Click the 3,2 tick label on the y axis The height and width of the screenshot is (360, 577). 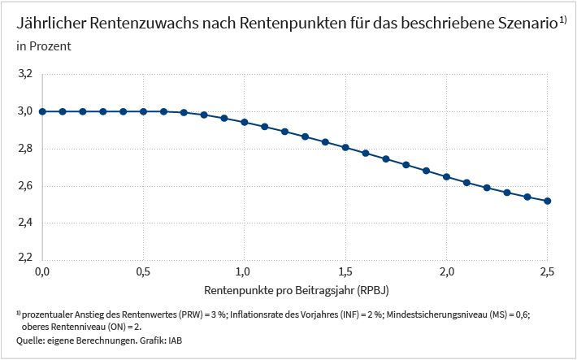(x=25, y=74)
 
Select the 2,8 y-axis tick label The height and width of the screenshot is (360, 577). (x=25, y=149)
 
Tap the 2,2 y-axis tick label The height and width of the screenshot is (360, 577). (x=25, y=257)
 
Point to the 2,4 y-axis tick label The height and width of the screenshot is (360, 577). (x=25, y=223)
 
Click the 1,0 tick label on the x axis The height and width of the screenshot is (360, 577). (x=244, y=271)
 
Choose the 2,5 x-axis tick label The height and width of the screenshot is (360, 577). (x=546, y=271)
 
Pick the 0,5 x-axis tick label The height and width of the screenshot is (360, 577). (x=143, y=271)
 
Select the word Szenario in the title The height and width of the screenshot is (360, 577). (x=527, y=24)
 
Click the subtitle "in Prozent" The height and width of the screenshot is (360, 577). (x=44, y=46)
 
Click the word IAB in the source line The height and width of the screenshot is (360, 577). (x=176, y=340)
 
